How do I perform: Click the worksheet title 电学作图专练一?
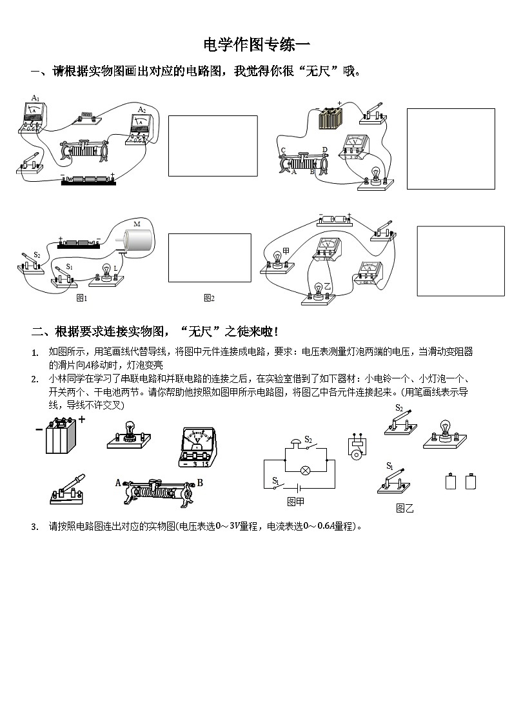click(x=256, y=44)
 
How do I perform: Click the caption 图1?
click(x=82, y=298)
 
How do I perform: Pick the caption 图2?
click(x=209, y=298)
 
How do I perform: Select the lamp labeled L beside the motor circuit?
click(x=105, y=273)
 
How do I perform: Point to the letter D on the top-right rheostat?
click(x=324, y=150)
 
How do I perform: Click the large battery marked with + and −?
click(x=61, y=436)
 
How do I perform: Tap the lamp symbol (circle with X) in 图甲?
click(x=307, y=470)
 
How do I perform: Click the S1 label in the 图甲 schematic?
click(x=275, y=480)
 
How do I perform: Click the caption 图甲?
click(x=295, y=501)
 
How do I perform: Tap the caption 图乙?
click(x=404, y=508)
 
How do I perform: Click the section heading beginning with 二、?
click(x=155, y=331)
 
